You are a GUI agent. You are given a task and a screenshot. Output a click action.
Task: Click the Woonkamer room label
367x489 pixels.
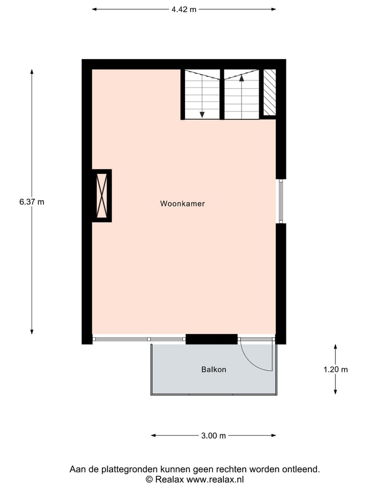click(182, 204)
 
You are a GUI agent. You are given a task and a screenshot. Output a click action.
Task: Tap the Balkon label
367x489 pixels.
click(214, 370)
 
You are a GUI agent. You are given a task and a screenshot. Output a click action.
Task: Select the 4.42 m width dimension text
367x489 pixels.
click(184, 9)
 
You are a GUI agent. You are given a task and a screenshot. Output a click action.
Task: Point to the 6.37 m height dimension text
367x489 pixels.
click(32, 202)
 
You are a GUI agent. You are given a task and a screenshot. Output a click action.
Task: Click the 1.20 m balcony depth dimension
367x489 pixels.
click(335, 370)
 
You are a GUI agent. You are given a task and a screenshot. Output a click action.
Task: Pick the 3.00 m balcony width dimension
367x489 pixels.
click(214, 436)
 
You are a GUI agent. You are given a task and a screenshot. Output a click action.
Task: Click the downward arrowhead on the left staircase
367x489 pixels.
click(202, 115)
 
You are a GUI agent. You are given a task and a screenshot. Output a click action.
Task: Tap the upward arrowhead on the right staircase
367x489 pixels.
click(242, 77)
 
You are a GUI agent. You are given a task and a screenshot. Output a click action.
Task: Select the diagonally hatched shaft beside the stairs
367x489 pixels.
click(270, 92)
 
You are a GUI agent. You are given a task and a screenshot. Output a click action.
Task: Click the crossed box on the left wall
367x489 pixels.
click(102, 196)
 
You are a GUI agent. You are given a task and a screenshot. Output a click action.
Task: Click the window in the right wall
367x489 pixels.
click(280, 201)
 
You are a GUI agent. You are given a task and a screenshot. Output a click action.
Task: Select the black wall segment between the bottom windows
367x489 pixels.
click(212, 339)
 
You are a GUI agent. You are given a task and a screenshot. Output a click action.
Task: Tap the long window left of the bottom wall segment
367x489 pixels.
click(139, 339)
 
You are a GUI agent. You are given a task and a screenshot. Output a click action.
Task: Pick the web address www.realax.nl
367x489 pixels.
click(216, 479)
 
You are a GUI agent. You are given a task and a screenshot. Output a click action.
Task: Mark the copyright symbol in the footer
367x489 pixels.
click(149, 479)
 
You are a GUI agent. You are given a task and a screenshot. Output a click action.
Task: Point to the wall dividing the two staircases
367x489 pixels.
click(222, 94)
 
